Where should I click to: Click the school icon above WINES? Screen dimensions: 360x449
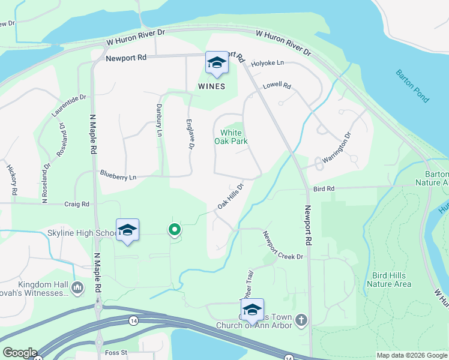point(217,63)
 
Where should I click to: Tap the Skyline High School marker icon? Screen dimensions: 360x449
point(127,230)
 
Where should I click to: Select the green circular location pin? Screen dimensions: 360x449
point(174,229)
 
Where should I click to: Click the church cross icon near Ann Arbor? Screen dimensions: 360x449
point(301,320)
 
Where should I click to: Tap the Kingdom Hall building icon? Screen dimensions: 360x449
point(77,288)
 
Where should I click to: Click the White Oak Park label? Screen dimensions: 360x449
point(231,137)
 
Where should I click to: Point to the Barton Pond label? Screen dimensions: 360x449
point(412,86)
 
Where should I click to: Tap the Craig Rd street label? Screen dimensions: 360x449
point(76,205)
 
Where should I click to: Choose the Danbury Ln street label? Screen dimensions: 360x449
point(159,119)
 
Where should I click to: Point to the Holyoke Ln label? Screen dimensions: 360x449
point(267,63)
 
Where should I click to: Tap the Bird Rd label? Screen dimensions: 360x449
point(322,189)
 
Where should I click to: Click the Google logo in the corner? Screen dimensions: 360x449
point(19,353)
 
